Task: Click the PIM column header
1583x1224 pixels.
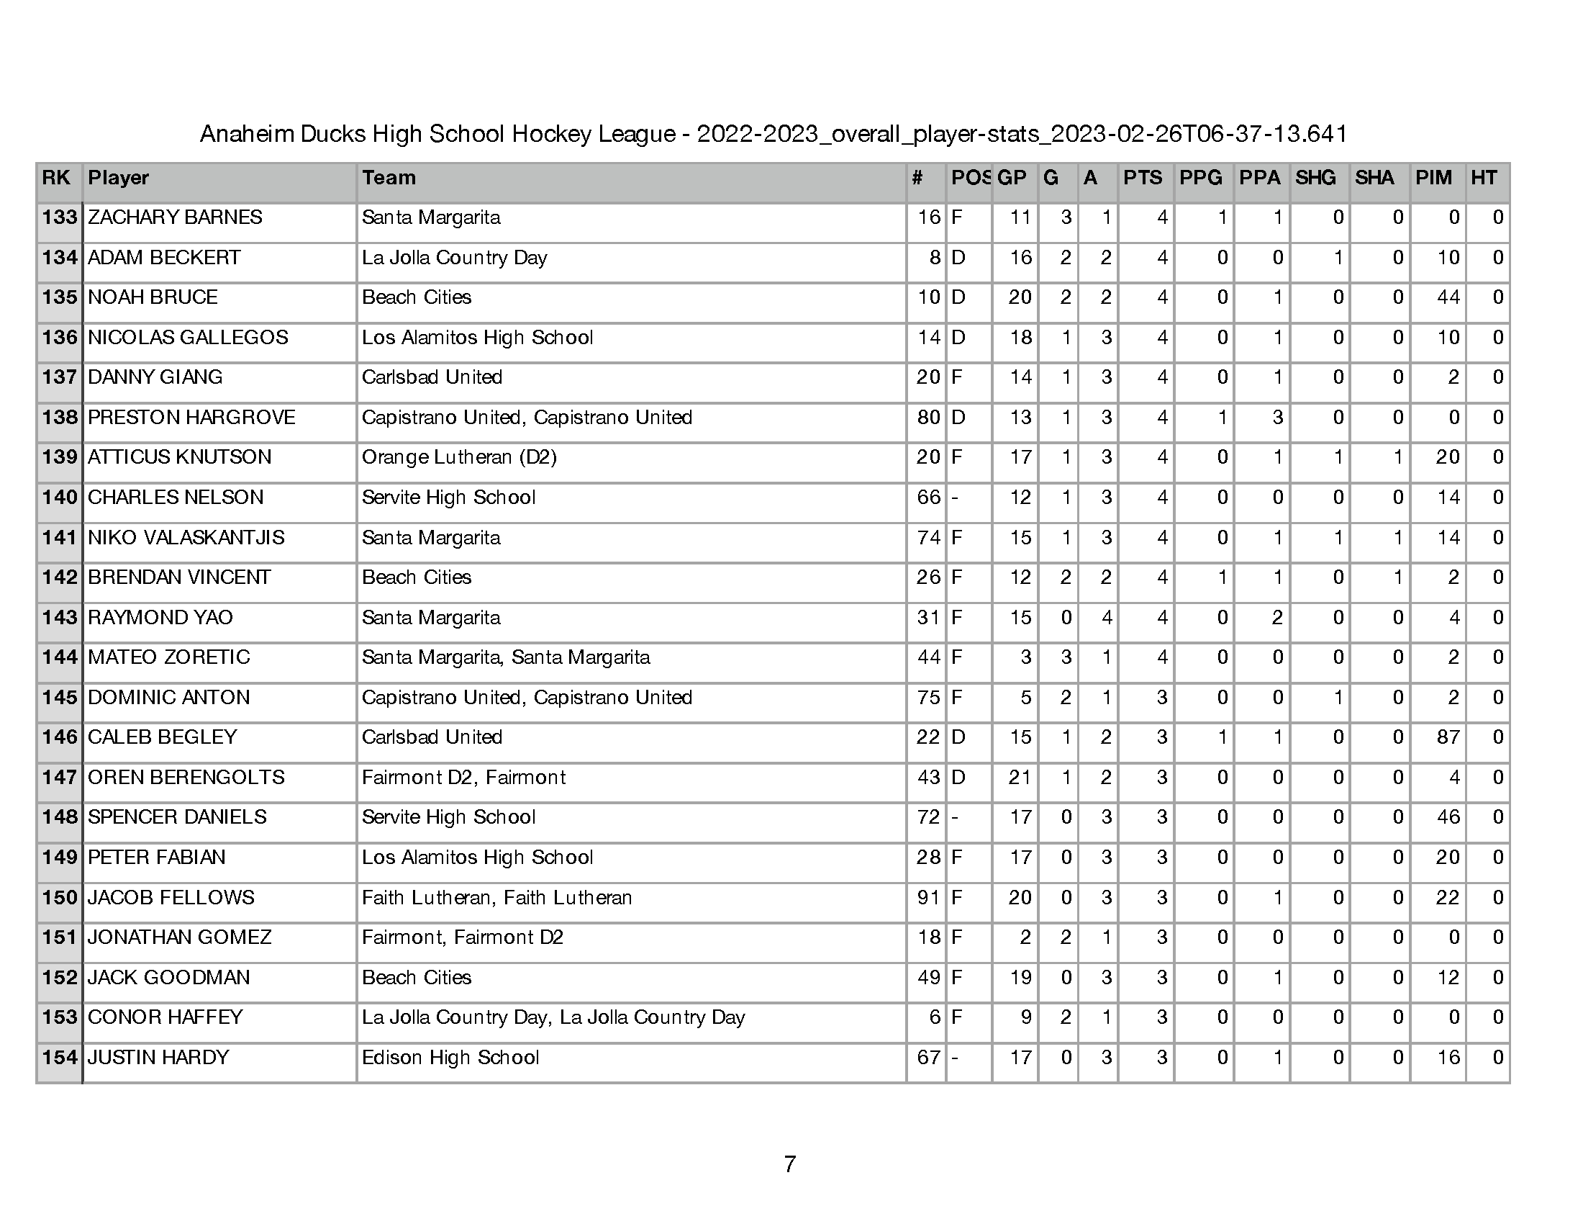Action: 1433,179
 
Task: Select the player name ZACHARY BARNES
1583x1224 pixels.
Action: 175,217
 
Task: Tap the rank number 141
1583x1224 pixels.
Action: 60,538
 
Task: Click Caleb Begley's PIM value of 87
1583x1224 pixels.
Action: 1448,737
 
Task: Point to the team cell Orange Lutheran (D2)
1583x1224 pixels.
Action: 459,457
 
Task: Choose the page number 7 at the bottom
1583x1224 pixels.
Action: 790,1164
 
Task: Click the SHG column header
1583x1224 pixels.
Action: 1315,179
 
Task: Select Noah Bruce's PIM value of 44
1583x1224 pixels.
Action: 1448,297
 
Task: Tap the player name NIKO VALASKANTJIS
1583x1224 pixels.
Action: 186,538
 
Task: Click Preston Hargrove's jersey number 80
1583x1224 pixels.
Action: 927,418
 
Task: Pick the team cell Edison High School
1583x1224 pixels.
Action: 450,1058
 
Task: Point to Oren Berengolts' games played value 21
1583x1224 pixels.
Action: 1019,778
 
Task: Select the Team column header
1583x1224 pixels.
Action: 389,179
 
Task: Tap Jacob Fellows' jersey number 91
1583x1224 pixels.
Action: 927,898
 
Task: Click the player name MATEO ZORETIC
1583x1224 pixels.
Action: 168,657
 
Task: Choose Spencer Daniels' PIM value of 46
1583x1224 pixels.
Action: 1448,817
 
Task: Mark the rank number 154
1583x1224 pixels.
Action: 60,1058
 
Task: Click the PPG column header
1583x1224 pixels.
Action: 1200,179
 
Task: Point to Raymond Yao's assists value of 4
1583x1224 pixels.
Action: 1106,618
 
